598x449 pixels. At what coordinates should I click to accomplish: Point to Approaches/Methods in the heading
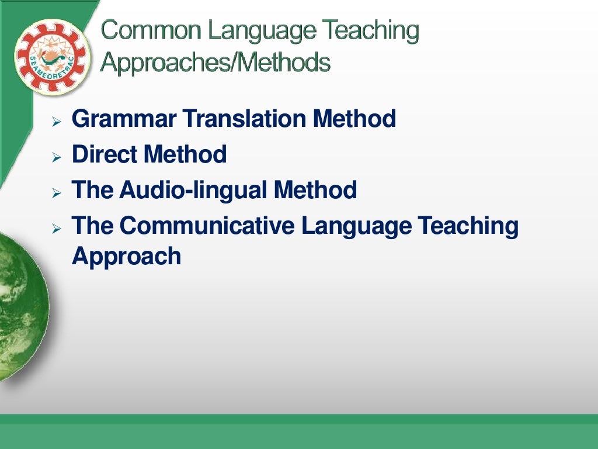215,61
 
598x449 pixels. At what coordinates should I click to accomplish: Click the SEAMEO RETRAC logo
52,57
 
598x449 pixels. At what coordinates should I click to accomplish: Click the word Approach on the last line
126,256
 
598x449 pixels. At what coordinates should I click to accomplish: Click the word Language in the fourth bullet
356,226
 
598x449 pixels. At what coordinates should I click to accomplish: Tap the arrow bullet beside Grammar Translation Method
56,122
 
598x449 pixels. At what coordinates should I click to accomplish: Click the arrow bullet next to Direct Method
56,158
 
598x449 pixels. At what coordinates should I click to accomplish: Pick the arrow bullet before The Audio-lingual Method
56,194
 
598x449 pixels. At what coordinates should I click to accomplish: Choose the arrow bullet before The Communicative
56,229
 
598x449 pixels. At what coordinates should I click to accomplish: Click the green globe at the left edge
20,304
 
